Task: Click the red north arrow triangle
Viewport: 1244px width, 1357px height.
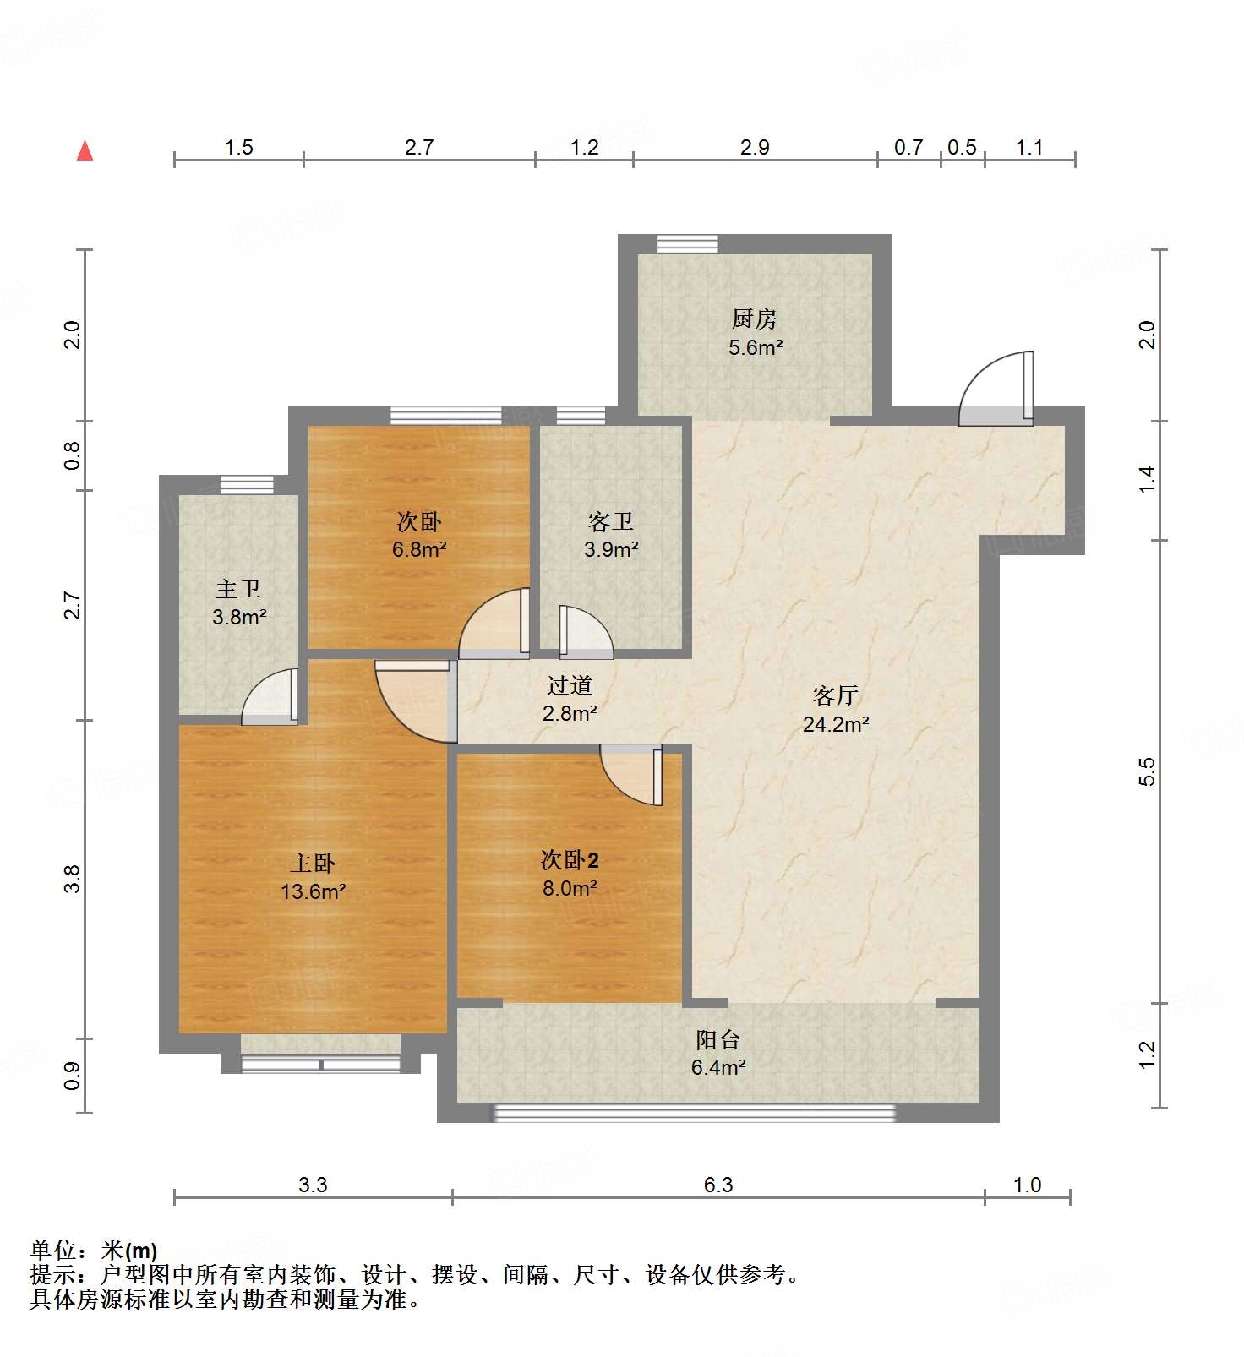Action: tap(85, 151)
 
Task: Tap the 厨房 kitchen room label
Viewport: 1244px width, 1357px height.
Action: tap(754, 319)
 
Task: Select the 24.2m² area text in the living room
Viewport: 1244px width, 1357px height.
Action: tap(836, 724)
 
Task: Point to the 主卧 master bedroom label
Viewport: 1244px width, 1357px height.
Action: tap(313, 863)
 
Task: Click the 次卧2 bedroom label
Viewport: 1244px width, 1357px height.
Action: tap(570, 860)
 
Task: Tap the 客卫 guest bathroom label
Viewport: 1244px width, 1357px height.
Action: tap(610, 521)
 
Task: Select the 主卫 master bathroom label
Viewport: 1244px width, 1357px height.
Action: tap(238, 589)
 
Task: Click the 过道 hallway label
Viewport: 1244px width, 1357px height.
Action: tap(569, 685)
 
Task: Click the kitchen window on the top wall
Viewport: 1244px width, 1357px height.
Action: tap(688, 244)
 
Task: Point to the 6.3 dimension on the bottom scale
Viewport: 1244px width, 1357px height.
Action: tap(718, 1185)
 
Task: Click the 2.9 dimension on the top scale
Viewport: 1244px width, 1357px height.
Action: tap(755, 148)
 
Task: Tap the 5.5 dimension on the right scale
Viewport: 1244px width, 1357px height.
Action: tap(1147, 771)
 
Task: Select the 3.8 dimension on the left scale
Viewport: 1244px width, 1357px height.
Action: tap(74, 879)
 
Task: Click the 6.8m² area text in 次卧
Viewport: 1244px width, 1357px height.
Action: tap(419, 549)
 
